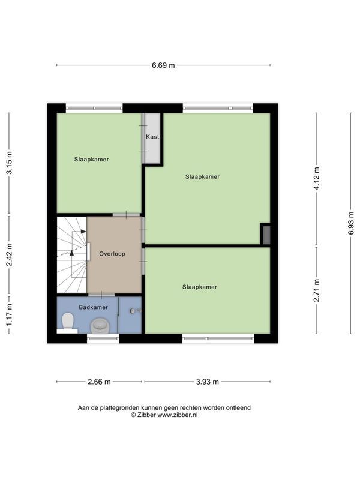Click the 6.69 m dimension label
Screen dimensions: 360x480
pyautogui.click(x=163, y=65)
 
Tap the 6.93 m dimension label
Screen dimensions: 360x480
pyautogui.click(x=351, y=223)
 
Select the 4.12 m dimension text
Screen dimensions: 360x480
pyautogui.click(x=317, y=178)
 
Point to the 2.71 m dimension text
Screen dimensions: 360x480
pyautogui.click(x=317, y=290)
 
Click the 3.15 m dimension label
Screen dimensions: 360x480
pyautogui.click(x=9, y=163)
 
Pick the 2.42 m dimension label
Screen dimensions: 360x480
pyautogui.click(x=9, y=254)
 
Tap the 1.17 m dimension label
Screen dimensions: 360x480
pyautogui.click(x=9, y=314)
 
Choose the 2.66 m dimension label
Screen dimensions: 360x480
pyautogui.click(x=99, y=382)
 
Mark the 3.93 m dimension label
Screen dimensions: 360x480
pyautogui.click(x=207, y=382)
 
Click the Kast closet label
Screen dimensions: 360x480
pyautogui.click(x=152, y=137)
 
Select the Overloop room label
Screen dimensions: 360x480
pyautogui.click(x=112, y=254)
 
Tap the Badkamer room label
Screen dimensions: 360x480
pyautogui.click(x=94, y=307)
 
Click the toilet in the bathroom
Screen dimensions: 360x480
pyautogui.click(x=68, y=321)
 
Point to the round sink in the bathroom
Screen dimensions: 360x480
pyautogui.click(x=100, y=325)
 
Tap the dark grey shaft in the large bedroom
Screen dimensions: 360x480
pyautogui.click(x=266, y=235)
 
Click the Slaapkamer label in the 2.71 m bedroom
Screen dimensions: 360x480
pyautogui.click(x=200, y=287)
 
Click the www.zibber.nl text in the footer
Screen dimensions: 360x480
pyautogui.click(x=178, y=415)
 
